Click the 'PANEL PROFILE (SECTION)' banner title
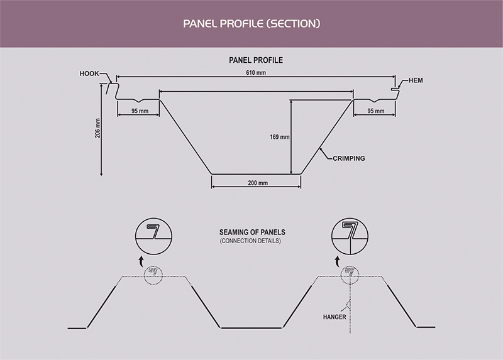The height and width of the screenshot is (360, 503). pyautogui.click(x=251, y=25)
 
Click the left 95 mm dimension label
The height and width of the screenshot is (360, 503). pyautogui.click(x=140, y=111)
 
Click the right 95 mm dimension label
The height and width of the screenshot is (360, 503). pyautogui.click(x=375, y=111)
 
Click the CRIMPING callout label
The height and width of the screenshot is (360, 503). pyautogui.click(x=348, y=160)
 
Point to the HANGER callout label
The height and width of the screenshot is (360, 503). pyautogui.click(x=334, y=317)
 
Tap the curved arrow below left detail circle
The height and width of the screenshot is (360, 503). pyautogui.click(x=141, y=260)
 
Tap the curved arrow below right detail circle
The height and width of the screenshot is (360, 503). pyautogui.click(x=338, y=260)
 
